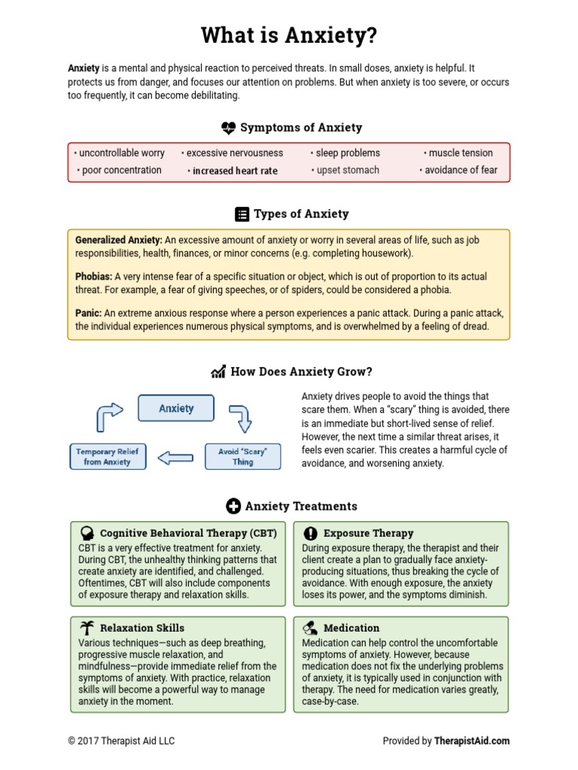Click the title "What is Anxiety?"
pos(289,35)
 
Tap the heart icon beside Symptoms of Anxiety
pos(228,128)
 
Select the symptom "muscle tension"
pos(460,153)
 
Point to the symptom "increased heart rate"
pos(234,171)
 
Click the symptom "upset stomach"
pos(346,170)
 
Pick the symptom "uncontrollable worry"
pos(120,153)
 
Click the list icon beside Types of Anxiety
pos(242,214)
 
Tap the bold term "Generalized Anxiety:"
pos(119,240)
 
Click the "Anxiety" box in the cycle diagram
pos(176,408)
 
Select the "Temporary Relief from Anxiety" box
pos(107,456)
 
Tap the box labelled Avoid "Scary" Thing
pos(242,456)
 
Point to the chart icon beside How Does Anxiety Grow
pos(218,372)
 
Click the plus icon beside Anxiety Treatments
pos(233,506)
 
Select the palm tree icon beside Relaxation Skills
pos(87,627)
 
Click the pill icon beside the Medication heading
pos(310,627)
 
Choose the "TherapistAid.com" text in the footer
pos(472,741)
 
